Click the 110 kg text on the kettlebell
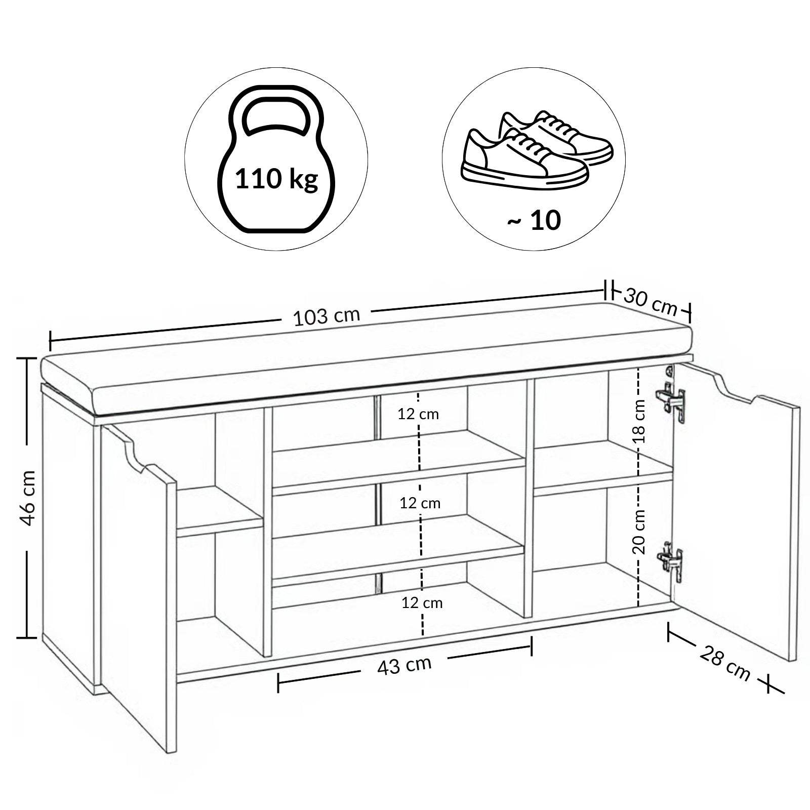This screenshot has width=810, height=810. point(276,179)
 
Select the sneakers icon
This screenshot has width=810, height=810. point(537,150)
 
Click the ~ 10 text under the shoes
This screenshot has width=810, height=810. point(534,220)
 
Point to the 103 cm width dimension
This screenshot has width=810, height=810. point(327,316)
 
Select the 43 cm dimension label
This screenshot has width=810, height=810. point(404,665)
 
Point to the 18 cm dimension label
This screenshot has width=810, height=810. point(640,421)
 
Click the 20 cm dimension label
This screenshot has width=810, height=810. point(639,531)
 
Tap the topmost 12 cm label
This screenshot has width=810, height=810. point(418,414)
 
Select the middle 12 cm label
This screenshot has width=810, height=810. point(420,503)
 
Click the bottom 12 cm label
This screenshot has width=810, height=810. point(422,603)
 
